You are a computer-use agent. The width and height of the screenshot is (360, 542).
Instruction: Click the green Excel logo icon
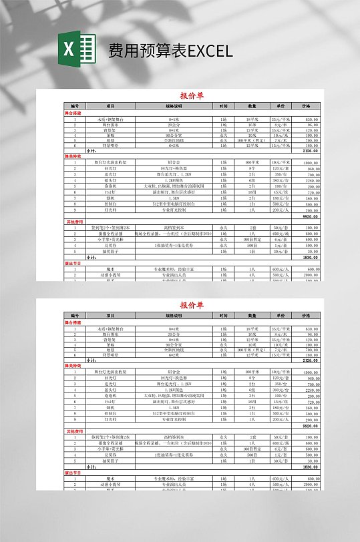[x=77, y=49]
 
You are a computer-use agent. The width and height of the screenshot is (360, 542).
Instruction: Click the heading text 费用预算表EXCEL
[x=170, y=51]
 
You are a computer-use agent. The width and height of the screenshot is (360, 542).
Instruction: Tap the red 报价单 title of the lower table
[x=192, y=305]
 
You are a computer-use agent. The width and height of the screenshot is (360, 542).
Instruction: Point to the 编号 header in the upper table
[x=75, y=106]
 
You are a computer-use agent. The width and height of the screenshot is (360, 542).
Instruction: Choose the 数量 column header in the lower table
[x=252, y=315]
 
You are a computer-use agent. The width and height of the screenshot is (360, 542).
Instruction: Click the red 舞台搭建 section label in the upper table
[x=73, y=113]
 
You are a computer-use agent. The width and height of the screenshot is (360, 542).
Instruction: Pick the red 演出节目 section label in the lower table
[x=73, y=472]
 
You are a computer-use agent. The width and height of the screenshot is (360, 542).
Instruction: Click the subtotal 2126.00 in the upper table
[x=310, y=151]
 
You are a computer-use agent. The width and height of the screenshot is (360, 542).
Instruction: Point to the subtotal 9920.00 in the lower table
[x=310, y=425]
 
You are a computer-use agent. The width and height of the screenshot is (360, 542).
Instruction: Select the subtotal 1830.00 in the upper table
[x=310, y=257]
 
